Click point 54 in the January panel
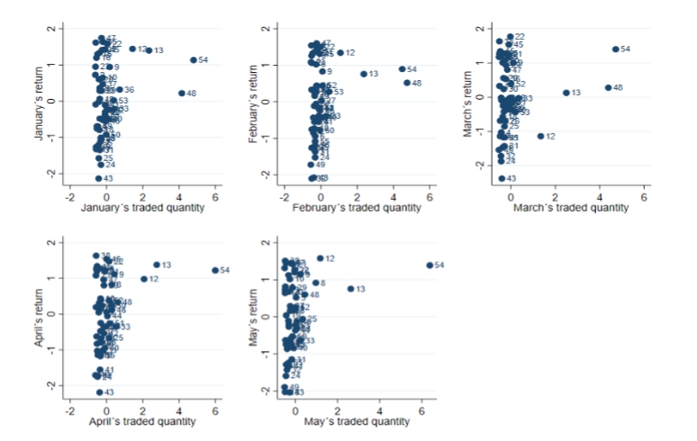pos(194,60)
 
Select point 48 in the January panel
pos(182,93)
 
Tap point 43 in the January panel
pos(99,178)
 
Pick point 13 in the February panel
pos(364,74)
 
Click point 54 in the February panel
pos(402,68)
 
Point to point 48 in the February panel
pos(406,83)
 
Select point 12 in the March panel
pos(540,136)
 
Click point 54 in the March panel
pos(616,49)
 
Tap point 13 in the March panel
pos(566,92)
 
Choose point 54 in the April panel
pos(215,270)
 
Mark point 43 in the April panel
pos(99,392)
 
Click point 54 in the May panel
pos(430,265)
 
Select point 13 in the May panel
pos(350,289)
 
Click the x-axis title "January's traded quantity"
pos(142,209)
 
